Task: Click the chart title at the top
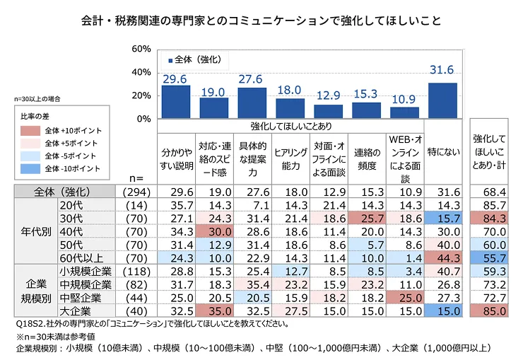click(261, 21)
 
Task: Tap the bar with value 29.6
click(176, 101)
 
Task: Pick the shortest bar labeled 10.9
click(404, 112)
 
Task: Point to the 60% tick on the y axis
click(141, 49)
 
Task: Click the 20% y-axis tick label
click(141, 95)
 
